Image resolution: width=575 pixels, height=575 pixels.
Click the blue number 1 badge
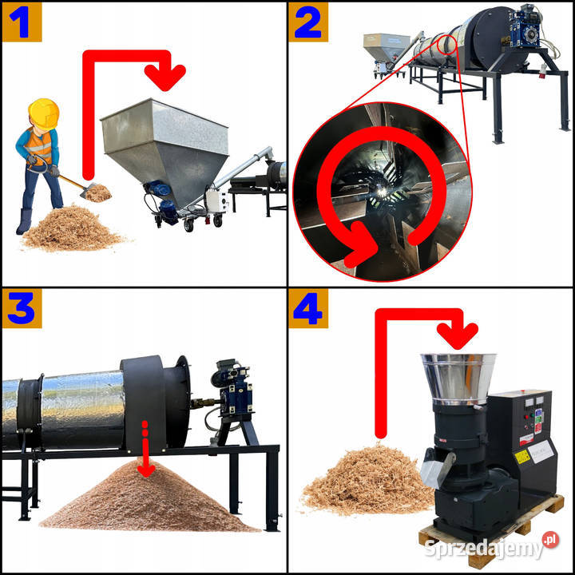[x=22, y=22]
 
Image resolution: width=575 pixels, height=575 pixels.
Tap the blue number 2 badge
[x=308, y=22]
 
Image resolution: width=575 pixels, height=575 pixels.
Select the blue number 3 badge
[x=22, y=308]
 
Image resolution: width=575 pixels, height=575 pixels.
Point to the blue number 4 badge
[x=308, y=308]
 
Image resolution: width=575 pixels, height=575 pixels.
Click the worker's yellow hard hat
[x=44, y=113]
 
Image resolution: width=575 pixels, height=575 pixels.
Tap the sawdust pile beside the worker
[x=72, y=228]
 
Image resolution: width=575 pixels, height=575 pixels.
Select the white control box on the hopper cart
[x=216, y=200]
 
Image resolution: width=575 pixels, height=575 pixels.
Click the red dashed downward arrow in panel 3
[x=145, y=449]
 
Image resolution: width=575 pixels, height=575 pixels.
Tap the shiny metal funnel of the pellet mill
[x=458, y=378]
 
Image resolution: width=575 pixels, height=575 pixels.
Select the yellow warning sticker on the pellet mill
[x=522, y=457]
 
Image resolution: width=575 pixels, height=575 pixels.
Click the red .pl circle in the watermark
[x=550, y=540]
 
